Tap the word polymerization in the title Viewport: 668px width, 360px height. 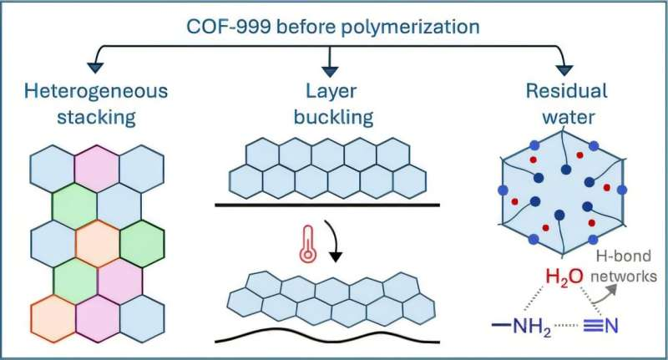click(401, 24)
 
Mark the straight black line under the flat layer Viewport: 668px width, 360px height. click(334, 203)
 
